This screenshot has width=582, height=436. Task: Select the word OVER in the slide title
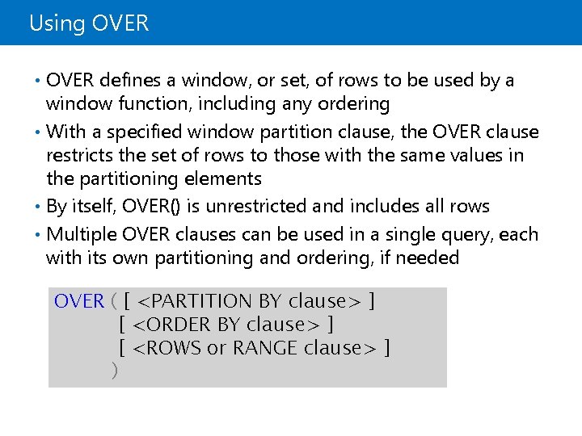[x=120, y=23]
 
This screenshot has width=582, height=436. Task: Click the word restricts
[x=81, y=155]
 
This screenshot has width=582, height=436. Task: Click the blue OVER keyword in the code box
[x=79, y=301]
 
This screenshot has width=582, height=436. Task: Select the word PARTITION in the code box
[x=202, y=301]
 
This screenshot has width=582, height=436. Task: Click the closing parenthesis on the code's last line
[x=114, y=371]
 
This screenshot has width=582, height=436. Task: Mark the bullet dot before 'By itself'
[x=40, y=206]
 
